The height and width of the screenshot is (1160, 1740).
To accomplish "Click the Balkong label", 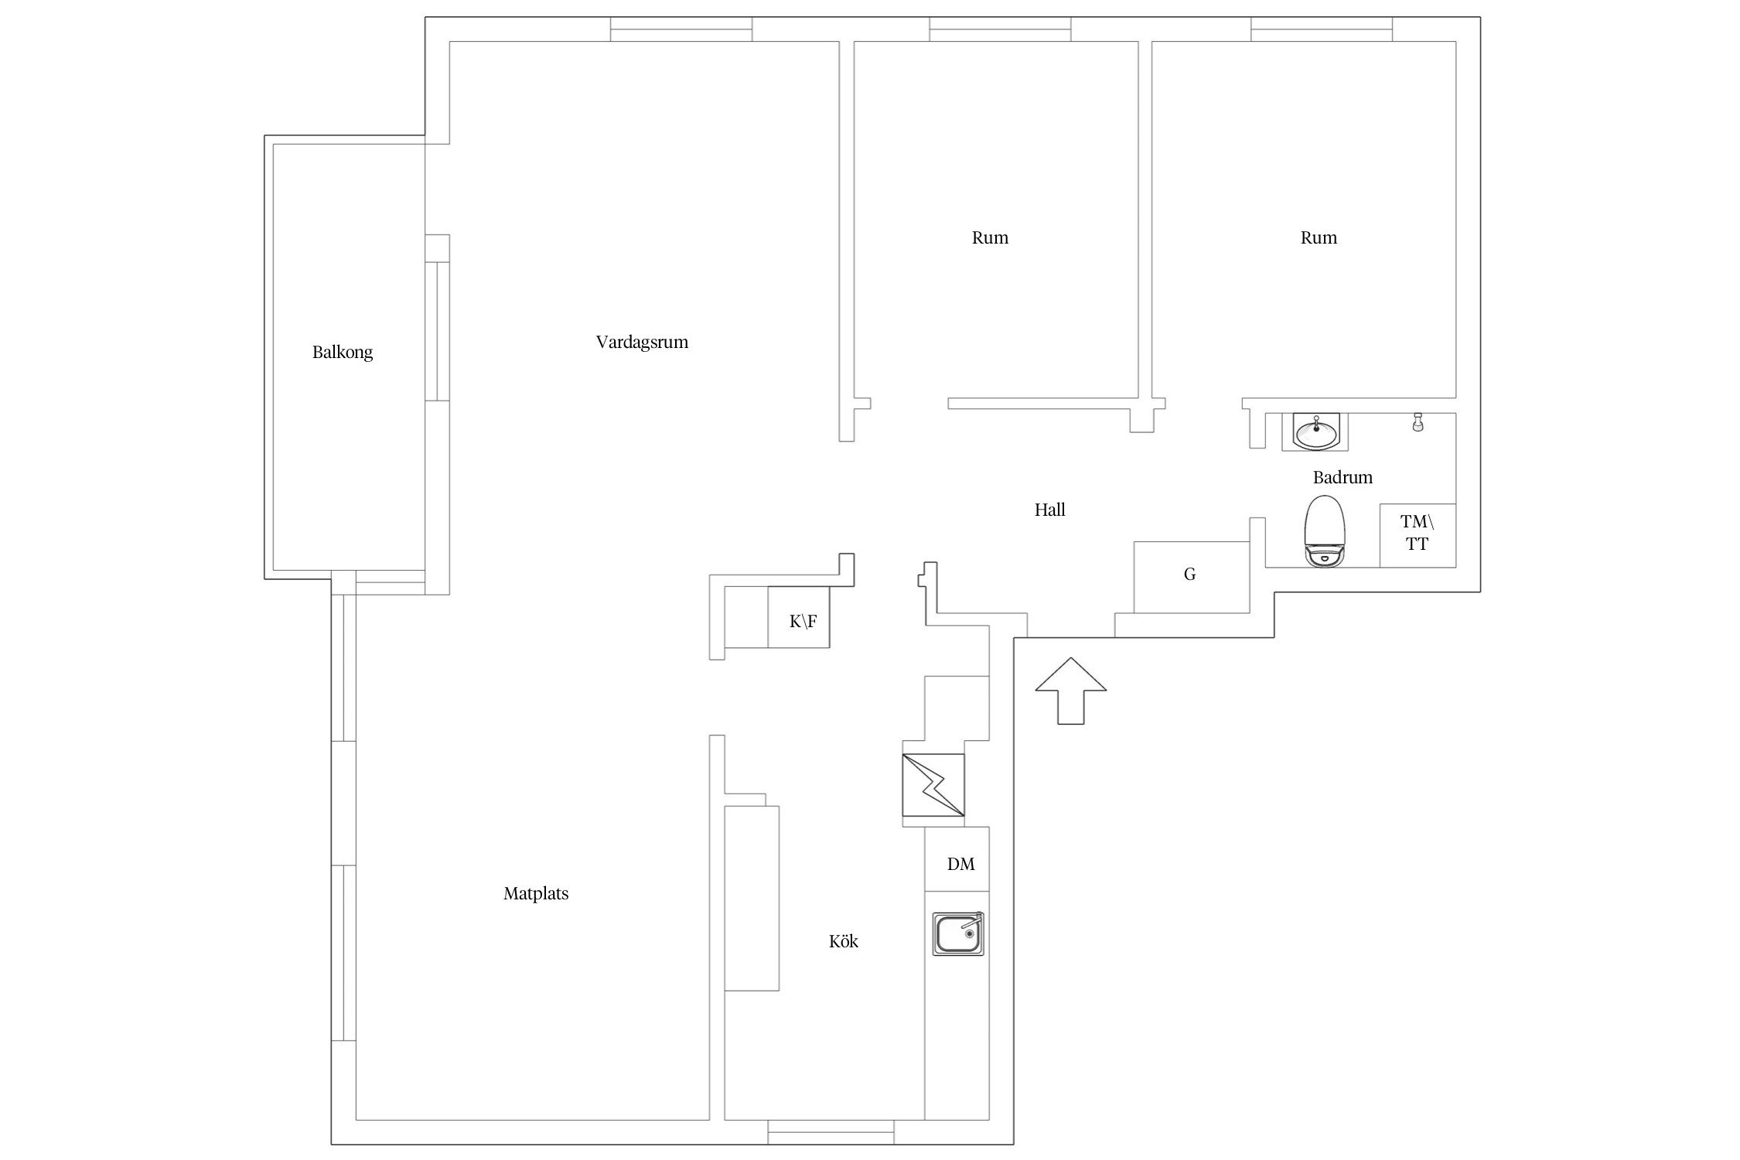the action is coord(343,353).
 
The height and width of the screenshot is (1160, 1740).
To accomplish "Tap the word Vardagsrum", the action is coord(642,343).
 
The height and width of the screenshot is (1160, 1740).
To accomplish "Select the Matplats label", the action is coord(536,894).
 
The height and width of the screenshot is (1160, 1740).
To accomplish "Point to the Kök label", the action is coord(844,941).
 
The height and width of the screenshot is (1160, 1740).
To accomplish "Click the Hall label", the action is coord(1050,510).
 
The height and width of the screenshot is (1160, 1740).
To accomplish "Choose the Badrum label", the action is coord(1343,477).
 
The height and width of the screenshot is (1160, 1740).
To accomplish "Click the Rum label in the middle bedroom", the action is coord(990,237).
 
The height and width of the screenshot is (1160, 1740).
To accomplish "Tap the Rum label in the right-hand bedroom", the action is coord(1319,237).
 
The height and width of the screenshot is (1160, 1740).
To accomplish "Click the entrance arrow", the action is coord(1071,691).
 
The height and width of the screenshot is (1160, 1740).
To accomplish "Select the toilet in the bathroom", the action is coord(1325,531).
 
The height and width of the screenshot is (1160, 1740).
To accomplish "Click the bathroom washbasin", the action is coord(1315,432).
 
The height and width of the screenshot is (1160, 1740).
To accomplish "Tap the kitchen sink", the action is coord(958,934).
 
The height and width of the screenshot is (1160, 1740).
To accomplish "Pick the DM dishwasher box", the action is coord(957,859).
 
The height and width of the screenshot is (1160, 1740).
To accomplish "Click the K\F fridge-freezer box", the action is coord(799,617).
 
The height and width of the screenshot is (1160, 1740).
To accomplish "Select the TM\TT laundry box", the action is coord(1418,535).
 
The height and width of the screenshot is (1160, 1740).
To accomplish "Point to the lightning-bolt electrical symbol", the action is coord(933,785).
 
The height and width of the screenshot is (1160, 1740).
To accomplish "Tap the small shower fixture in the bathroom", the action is coord(1418,422).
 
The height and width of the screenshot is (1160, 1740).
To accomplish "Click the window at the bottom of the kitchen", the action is coord(831,1131).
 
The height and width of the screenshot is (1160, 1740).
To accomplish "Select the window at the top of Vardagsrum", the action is coord(681,29).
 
